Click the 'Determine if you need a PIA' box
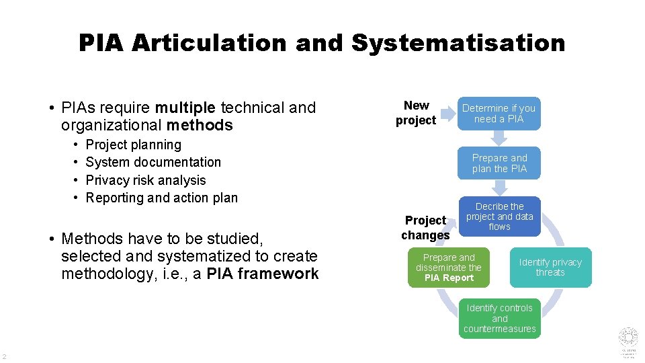point(499,114)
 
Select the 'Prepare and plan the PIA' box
point(499,163)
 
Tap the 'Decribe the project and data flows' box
point(499,216)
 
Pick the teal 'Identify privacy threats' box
point(550,268)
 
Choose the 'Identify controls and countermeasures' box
point(499,319)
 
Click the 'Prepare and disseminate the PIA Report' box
point(449,268)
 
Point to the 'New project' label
point(416,113)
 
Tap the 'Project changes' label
point(425,228)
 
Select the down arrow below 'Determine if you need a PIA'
point(499,138)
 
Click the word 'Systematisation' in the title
point(458,43)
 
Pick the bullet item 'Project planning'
point(134,145)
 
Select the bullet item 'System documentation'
point(153,162)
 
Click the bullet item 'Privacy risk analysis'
point(146,180)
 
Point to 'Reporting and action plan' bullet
point(162,198)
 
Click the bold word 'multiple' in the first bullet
point(185,108)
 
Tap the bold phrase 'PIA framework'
point(263,274)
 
